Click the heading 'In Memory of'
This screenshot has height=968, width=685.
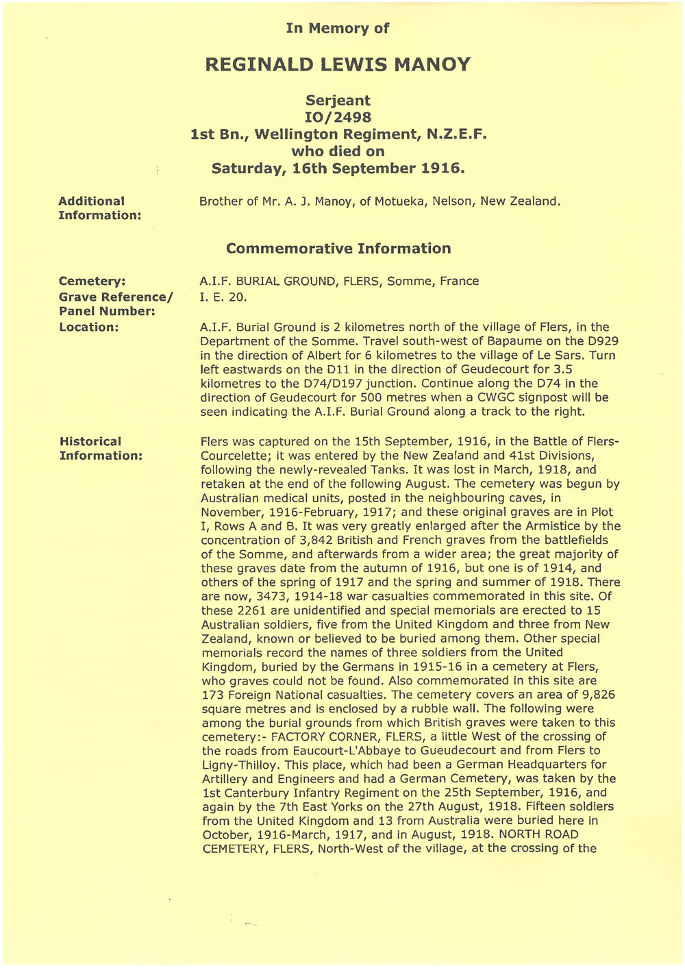338,28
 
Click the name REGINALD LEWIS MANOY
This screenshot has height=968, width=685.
338,65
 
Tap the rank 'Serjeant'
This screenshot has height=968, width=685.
338,101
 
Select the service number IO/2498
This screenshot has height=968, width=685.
338,117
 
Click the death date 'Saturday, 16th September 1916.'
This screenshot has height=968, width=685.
338,168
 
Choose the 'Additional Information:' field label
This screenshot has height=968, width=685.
100,208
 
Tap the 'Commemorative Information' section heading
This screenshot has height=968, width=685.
338,248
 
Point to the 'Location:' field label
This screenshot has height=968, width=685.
89,327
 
